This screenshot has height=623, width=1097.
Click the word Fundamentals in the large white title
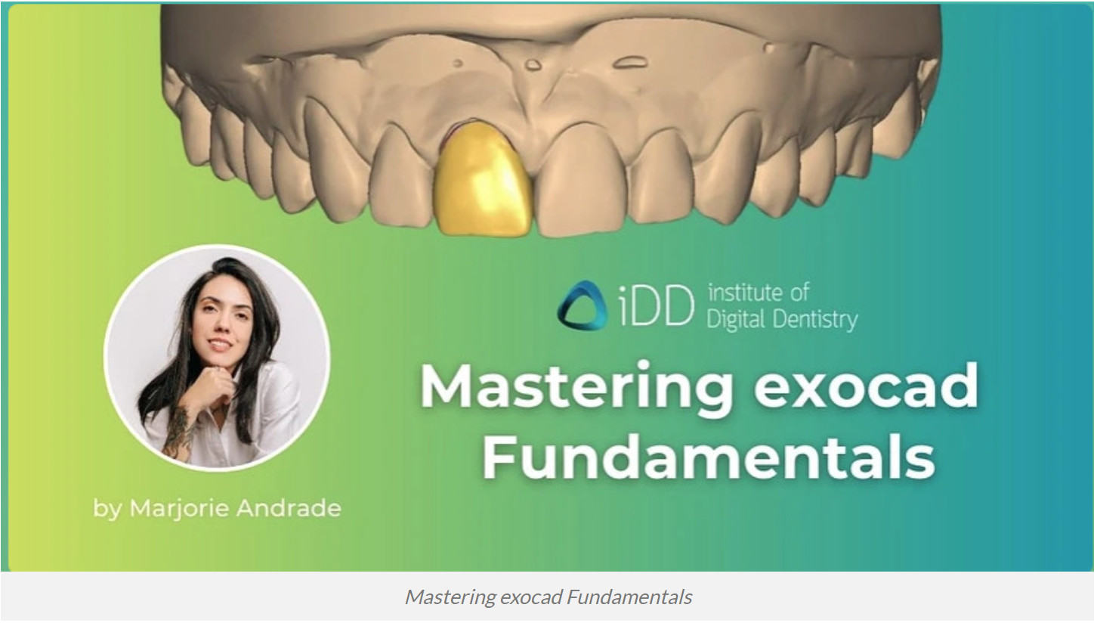click(708, 456)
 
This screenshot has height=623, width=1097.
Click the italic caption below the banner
click(548, 597)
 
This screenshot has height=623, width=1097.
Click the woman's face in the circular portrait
click(221, 325)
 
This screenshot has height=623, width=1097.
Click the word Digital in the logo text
click(734, 320)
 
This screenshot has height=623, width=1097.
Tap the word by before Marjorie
click(108, 509)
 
